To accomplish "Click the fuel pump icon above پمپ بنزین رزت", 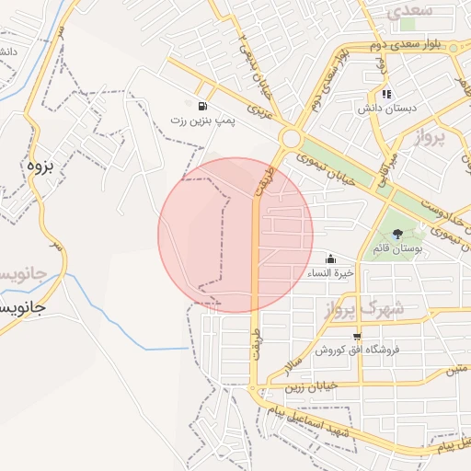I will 201,106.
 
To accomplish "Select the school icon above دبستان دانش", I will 387,94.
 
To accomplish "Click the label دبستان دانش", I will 387,108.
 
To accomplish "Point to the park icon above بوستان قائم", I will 397,235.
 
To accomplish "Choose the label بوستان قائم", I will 397,249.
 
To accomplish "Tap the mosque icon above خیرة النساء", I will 330,258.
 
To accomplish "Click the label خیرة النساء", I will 330,273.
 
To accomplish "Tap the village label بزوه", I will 37,167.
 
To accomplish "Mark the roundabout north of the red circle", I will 291,138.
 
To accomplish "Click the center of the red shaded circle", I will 235,235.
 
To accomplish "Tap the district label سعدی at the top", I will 409,12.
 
